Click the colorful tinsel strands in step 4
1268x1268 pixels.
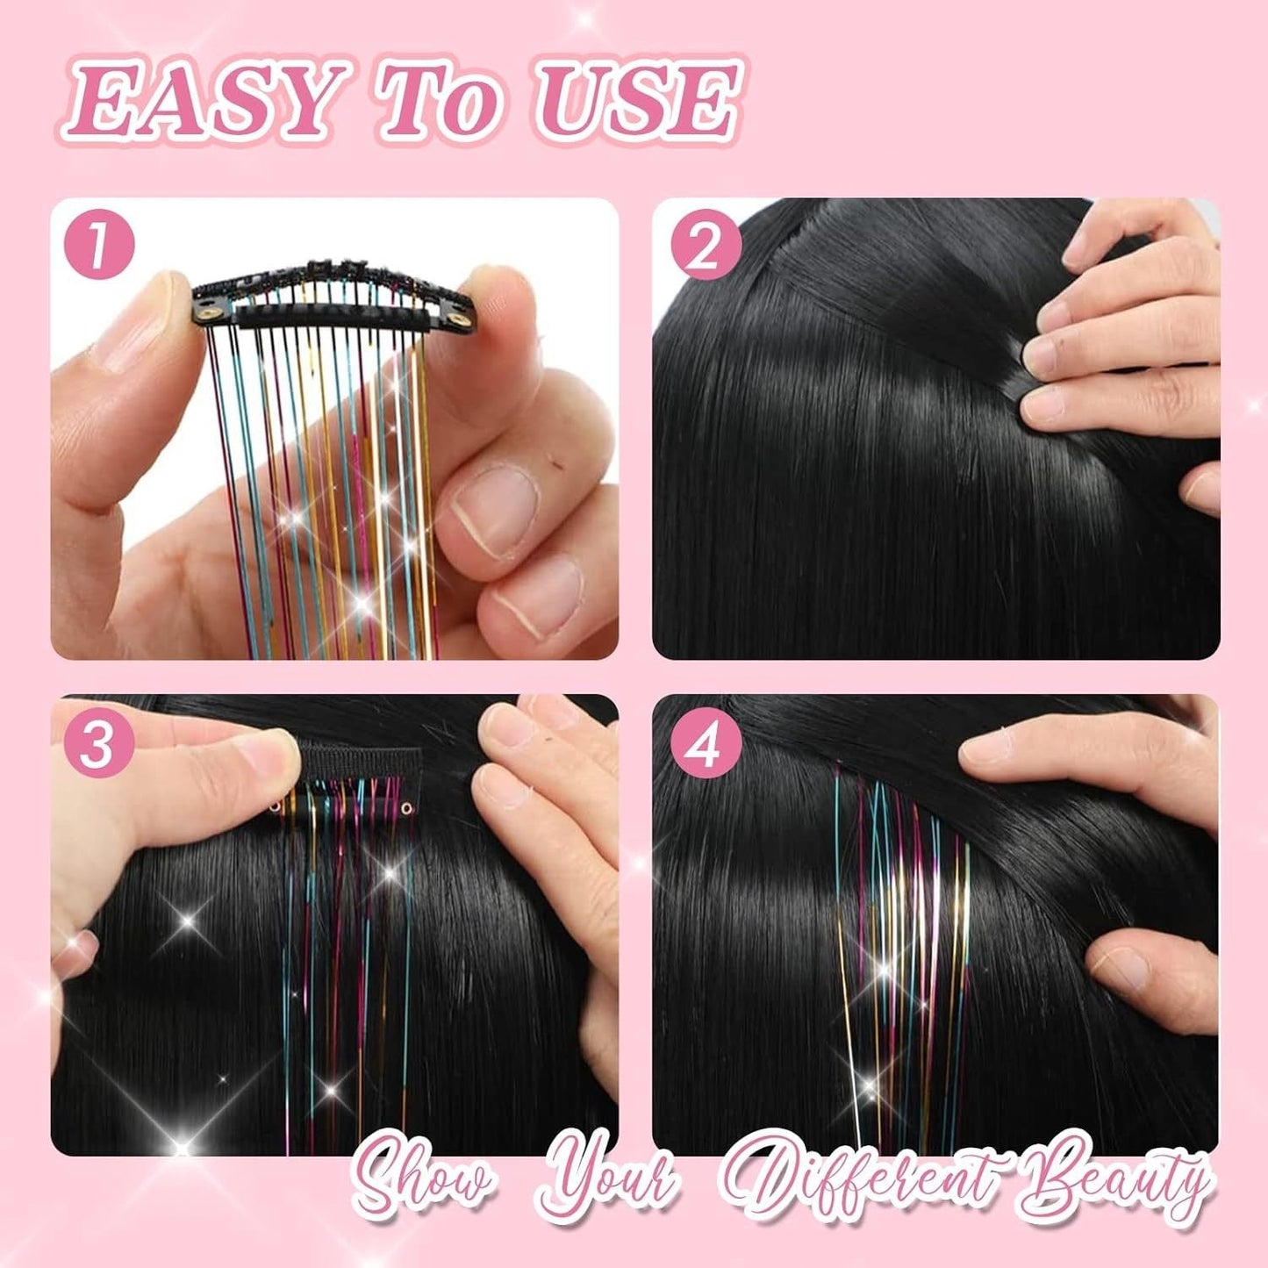[x=904, y=921]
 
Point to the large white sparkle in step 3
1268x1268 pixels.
[x=189, y=918]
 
